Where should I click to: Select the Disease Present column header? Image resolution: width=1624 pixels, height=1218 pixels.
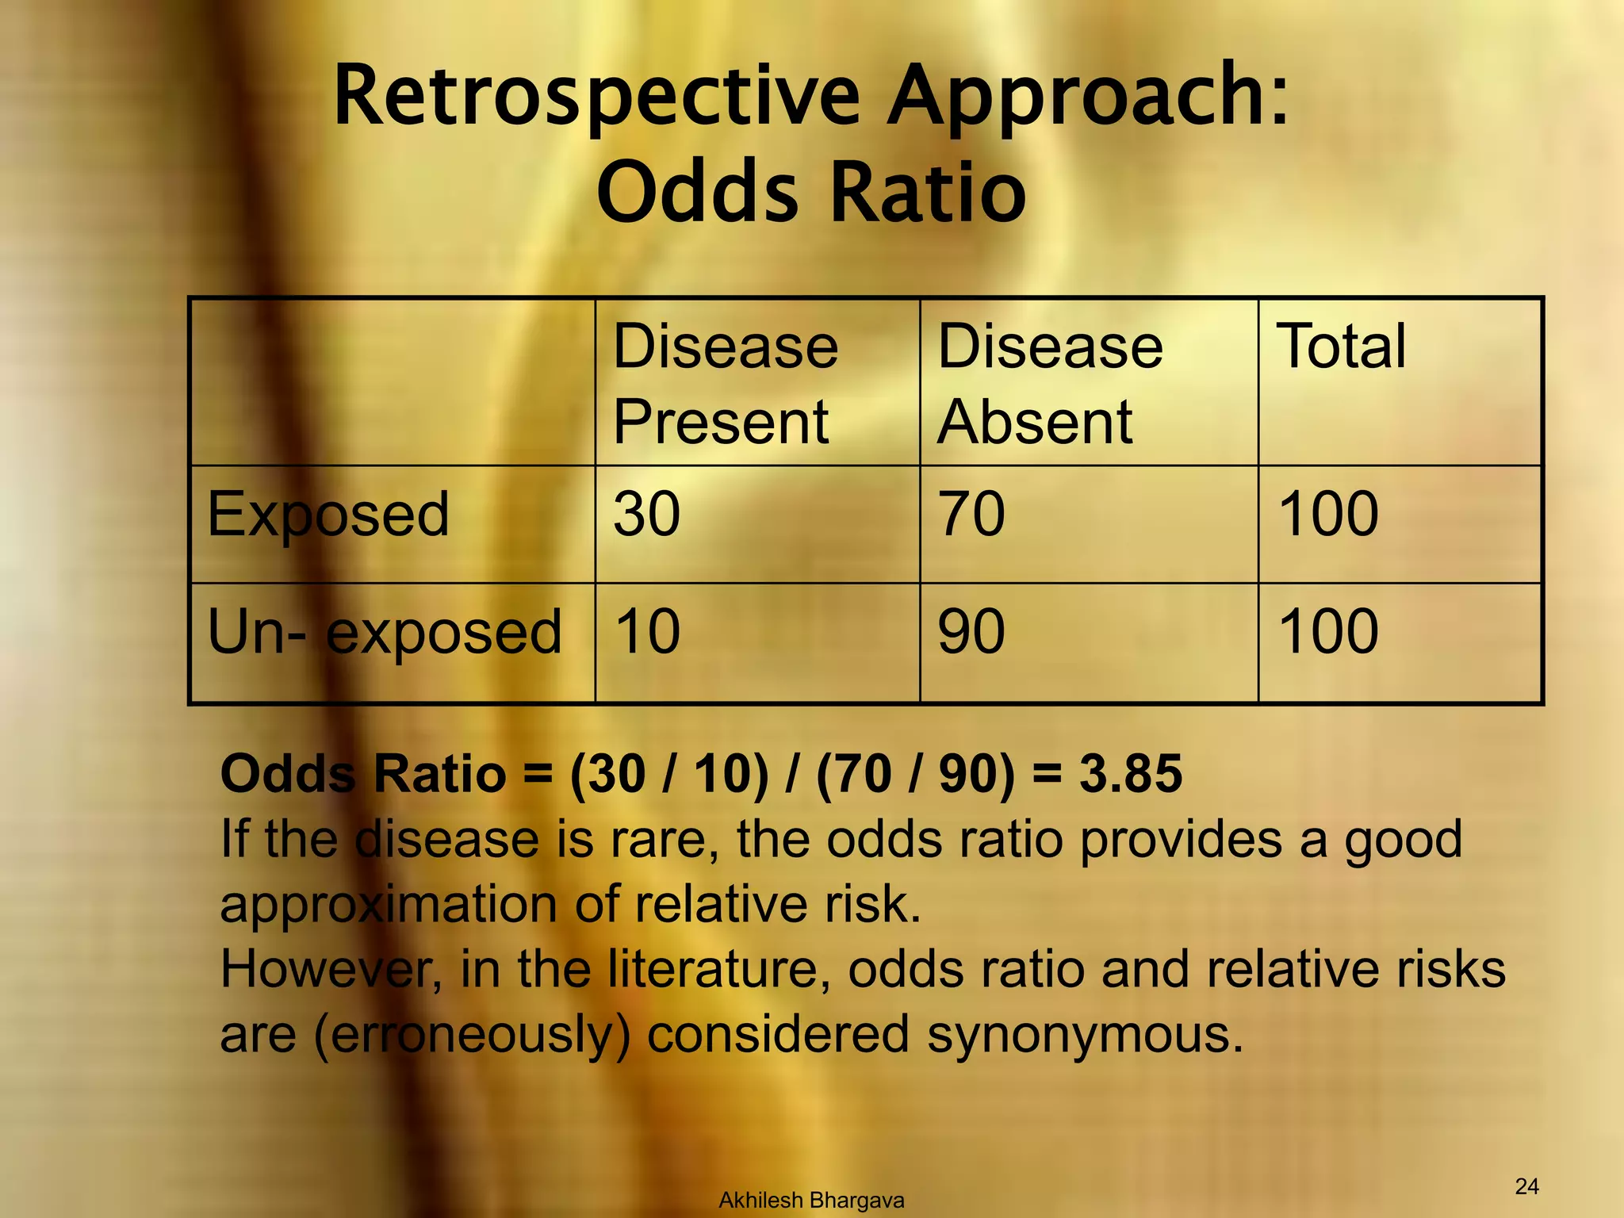[x=725, y=384]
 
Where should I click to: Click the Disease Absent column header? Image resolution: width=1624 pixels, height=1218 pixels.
[x=1050, y=384]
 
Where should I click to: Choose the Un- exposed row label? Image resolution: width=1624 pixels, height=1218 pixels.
[x=385, y=632]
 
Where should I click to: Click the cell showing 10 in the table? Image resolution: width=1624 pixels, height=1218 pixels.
[x=646, y=632]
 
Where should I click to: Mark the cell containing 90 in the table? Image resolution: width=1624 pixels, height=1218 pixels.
[x=971, y=632]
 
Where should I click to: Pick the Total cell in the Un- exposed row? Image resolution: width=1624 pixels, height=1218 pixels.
[x=1329, y=632]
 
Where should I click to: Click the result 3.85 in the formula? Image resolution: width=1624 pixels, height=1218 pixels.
[x=1130, y=773]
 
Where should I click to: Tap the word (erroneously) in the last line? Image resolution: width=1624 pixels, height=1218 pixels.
[x=473, y=1035]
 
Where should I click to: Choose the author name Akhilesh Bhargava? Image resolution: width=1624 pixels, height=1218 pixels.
[x=811, y=1201]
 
